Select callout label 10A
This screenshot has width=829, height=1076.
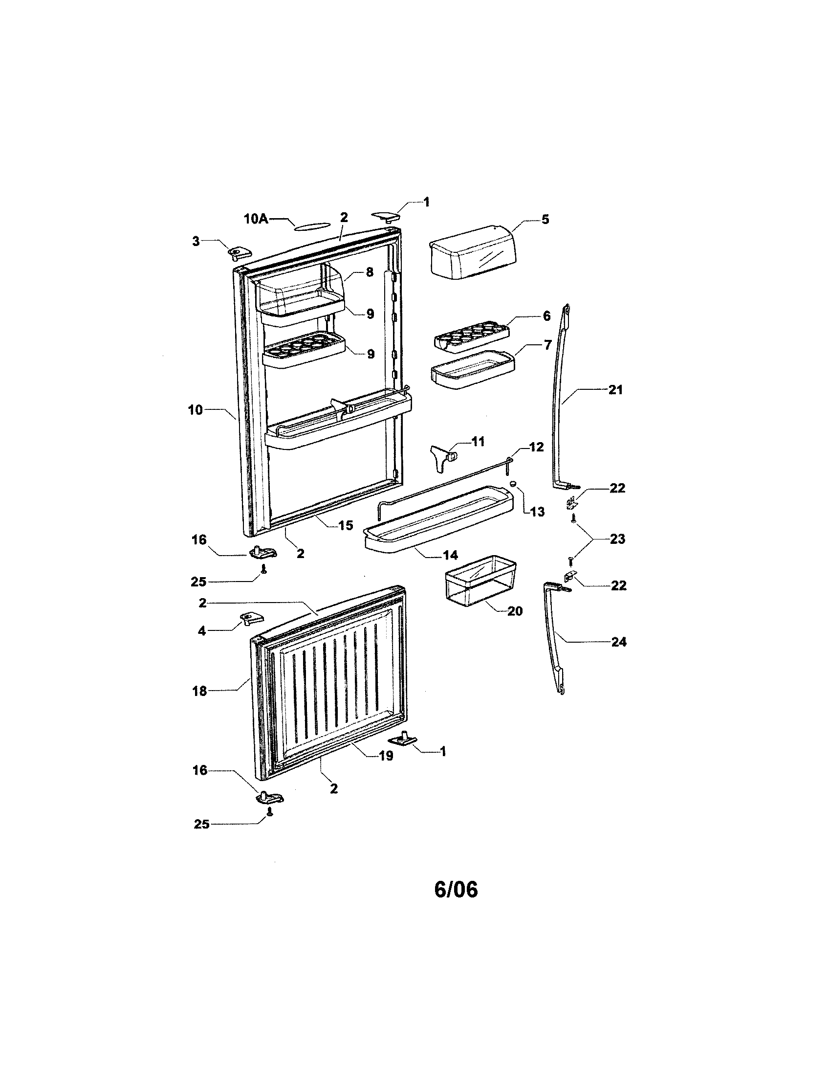click(x=256, y=219)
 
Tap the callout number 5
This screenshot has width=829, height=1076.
click(x=545, y=219)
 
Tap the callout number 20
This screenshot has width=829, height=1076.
click(x=515, y=611)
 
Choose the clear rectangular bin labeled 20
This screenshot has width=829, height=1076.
click(x=480, y=580)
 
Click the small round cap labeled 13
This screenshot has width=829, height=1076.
click(x=513, y=484)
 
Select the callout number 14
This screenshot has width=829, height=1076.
click(x=451, y=555)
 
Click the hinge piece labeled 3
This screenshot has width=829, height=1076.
click(x=239, y=253)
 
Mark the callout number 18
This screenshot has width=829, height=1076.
click(x=199, y=691)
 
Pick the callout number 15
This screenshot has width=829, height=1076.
click(x=346, y=525)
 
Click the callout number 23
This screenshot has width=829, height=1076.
click(x=617, y=538)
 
